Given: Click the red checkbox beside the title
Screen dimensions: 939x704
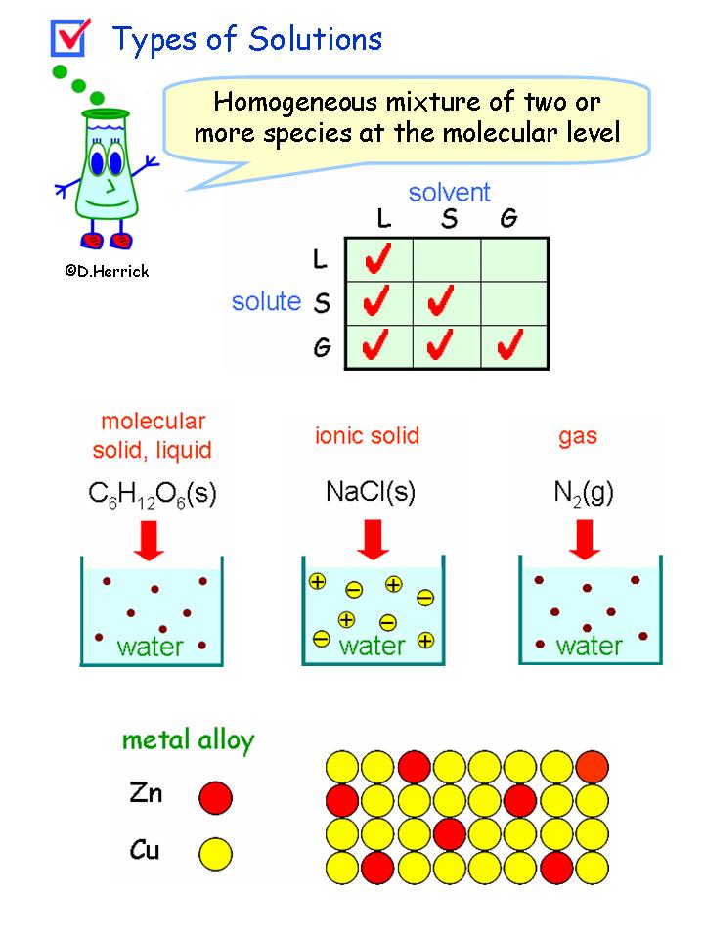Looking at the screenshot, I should [x=67, y=38].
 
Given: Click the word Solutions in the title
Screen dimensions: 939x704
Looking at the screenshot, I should [x=315, y=39].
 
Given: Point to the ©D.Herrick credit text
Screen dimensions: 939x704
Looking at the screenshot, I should [x=108, y=271].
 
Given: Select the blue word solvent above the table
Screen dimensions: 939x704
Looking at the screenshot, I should [x=449, y=192].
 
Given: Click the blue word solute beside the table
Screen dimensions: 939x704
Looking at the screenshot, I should [x=266, y=301].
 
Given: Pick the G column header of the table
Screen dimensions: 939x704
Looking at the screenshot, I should [x=508, y=219].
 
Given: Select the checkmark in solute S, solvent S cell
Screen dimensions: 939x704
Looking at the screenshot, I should [x=446, y=301].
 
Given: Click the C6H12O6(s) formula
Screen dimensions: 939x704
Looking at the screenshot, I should [x=153, y=494].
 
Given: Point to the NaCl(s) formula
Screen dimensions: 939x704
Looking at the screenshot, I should [x=371, y=492].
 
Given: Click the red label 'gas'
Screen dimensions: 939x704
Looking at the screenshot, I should [x=578, y=435].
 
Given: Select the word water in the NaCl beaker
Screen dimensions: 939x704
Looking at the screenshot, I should [x=372, y=646].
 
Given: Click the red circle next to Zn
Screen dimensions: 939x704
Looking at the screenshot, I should [x=215, y=797].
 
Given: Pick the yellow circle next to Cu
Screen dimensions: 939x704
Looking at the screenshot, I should [x=215, y=853].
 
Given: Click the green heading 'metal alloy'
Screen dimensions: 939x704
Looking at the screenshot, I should [x=188, y=740].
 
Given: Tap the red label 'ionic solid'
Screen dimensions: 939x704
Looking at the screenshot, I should [x=367, y=435].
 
